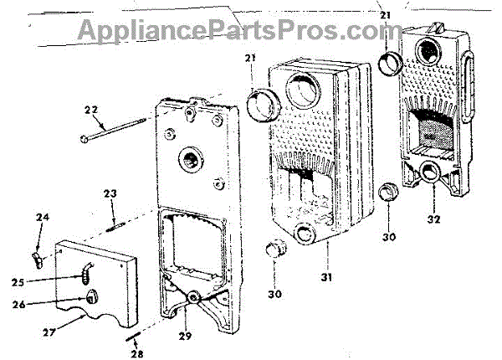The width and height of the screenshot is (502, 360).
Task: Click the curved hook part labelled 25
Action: [x=90, y=269]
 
